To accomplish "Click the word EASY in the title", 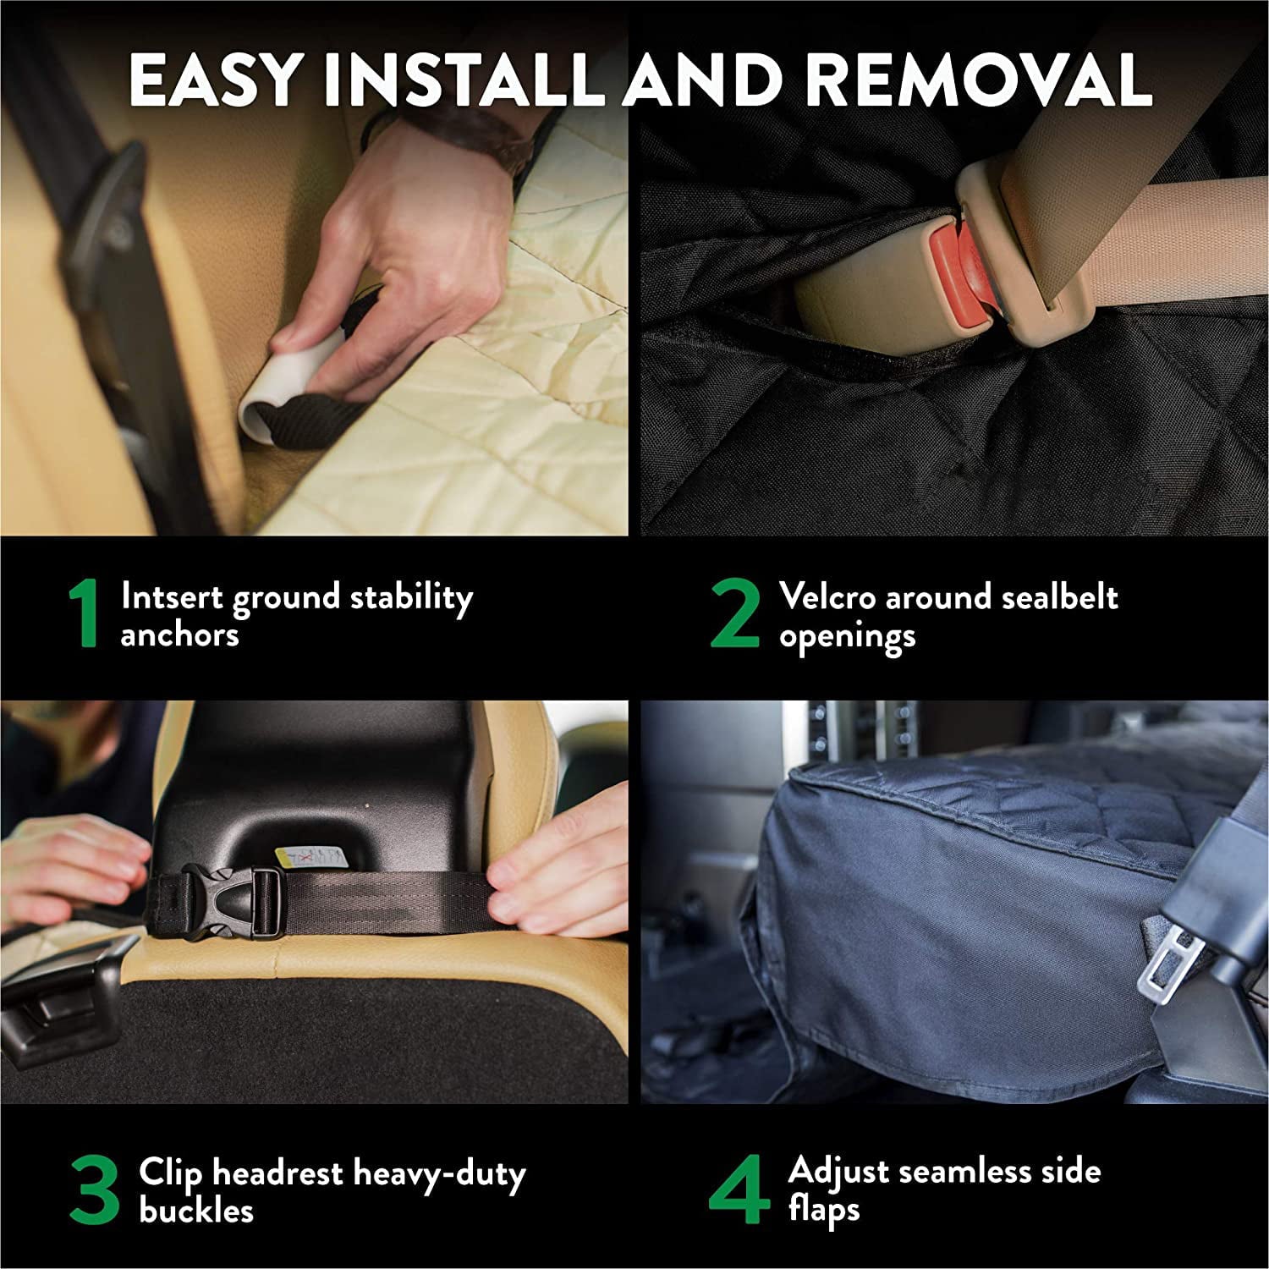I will [x=215, y=80].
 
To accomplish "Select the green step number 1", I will [x=85, y=615].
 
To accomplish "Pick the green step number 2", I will [x=734, y=615].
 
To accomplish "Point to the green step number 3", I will [x=95, y=1191].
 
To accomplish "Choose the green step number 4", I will [x=738, y=1191].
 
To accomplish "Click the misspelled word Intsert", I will [x=172, y=596].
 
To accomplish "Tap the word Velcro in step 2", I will [x=827, y=596].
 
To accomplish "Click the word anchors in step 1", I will [x=179, y=634].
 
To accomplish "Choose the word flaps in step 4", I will [x=823, y=1209].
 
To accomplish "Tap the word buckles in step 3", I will [x=196, y=1211].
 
